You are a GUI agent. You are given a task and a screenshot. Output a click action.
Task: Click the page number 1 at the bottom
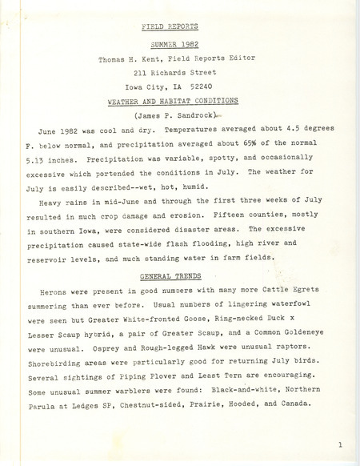point(340,443)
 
